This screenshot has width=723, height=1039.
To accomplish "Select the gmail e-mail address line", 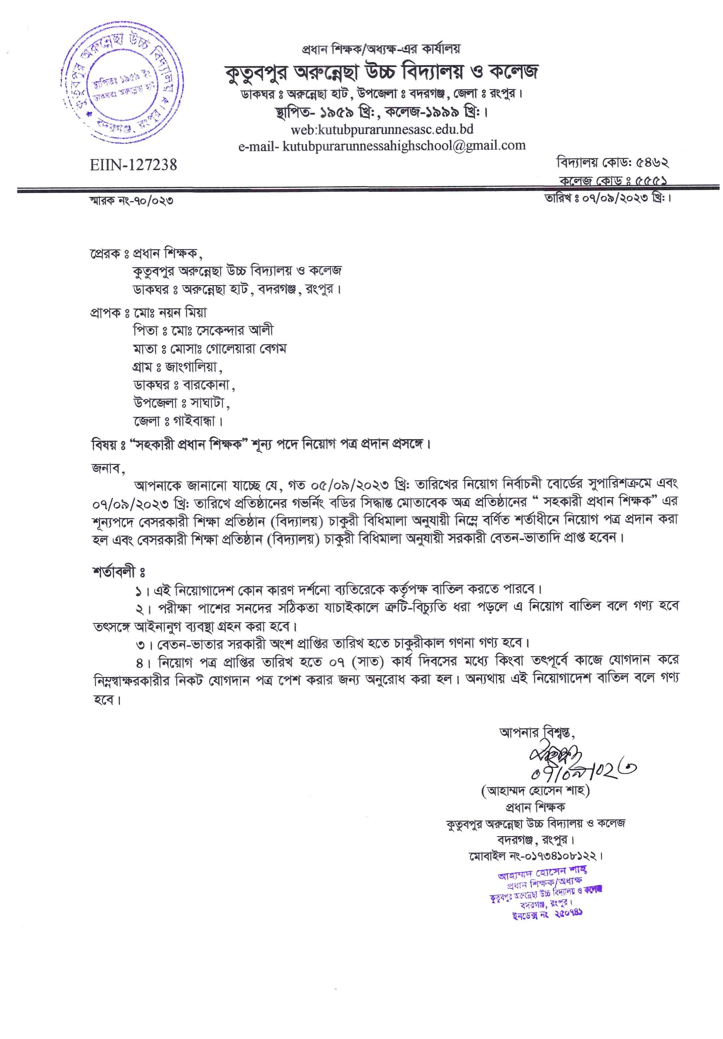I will [382, 146].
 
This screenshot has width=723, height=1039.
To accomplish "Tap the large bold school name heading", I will [381, 72].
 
